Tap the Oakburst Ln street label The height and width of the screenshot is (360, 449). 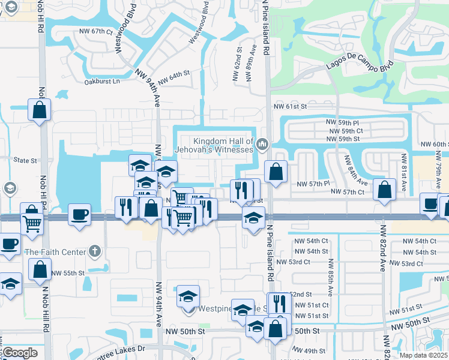pos(102,81)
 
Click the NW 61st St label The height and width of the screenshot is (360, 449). pos(290,106)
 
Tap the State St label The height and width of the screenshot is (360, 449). pos(25,161)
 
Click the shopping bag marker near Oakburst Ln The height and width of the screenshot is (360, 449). pos(39,110)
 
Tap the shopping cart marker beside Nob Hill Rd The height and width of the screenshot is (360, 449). pos(32,224)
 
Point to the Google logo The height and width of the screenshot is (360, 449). pos(20,352)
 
